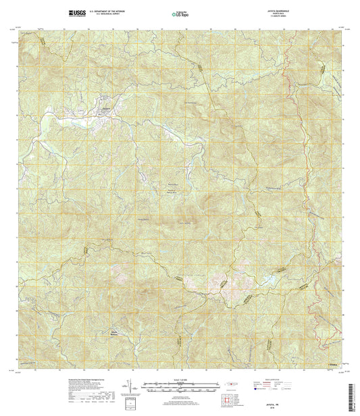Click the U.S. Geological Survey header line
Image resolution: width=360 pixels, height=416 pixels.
pyautogui.click(x=108, y=14)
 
